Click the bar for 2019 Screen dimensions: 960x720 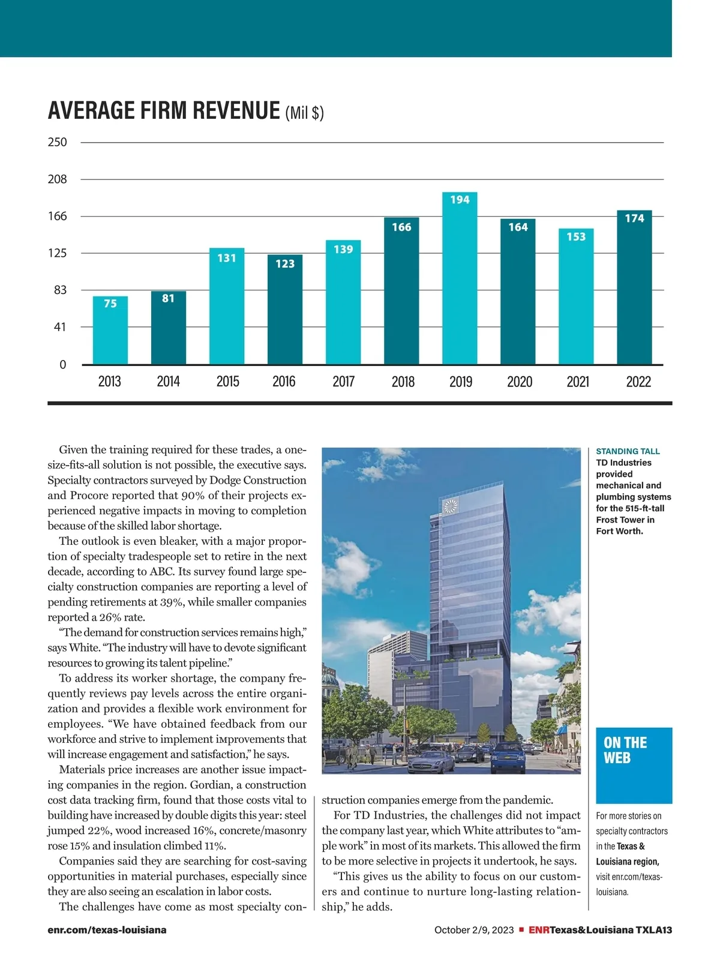coord(460,279)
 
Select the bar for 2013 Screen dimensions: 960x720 coord(110,331)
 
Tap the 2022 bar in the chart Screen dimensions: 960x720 coord(634,288)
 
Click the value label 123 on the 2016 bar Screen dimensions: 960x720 coord(285,263)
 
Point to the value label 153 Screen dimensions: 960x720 coord(576,237)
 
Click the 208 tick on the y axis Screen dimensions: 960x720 coord(58,179)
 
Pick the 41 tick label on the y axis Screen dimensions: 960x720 coord(59,328)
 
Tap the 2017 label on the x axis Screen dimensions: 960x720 coord(344,382)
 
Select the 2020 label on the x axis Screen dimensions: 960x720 coord(520,382)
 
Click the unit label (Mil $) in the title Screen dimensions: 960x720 coord(304,113)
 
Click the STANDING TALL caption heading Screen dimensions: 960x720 coord(628,451)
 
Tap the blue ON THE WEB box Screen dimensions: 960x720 coord(634,765)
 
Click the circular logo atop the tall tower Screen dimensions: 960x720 coord(451,506)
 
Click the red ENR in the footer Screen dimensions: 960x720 coord(539,930)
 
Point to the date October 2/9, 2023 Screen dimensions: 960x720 coord(474,930)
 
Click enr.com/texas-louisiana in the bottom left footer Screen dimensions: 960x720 coord(107,930)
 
